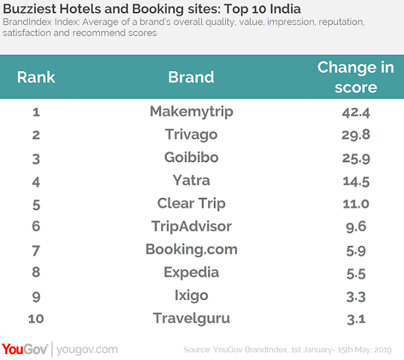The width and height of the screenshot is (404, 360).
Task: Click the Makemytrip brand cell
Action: click(191, 111)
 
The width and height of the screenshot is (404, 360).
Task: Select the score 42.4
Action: click(355, 111)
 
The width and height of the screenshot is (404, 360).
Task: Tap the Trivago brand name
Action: click(191, 135)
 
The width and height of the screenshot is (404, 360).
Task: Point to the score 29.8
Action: click(355, 135)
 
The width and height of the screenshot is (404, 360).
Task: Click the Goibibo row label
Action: click(191, 158)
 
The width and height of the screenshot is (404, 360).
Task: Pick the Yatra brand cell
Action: click(191, 180)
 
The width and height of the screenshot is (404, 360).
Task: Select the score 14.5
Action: click(355, 180)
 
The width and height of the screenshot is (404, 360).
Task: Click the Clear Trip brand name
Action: click(191, 203)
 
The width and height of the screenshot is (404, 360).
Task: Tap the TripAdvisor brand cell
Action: click(191, 226)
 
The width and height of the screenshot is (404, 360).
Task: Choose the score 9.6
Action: click(355, 226)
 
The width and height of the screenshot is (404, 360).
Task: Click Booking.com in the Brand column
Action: click(191, 249)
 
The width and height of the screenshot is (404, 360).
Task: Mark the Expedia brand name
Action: click(191, 272)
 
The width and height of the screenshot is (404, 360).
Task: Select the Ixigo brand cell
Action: click(191, 295)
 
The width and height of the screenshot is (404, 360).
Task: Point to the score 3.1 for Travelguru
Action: click(355, 318)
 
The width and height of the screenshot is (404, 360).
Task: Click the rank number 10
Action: click(36, 318)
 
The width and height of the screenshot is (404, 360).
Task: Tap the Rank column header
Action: click(36, 76)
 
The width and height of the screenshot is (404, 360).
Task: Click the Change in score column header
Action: click(355, 76)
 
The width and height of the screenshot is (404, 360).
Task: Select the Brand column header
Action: click(191, 76)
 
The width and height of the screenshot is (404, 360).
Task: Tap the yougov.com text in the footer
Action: click(87, 349)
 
